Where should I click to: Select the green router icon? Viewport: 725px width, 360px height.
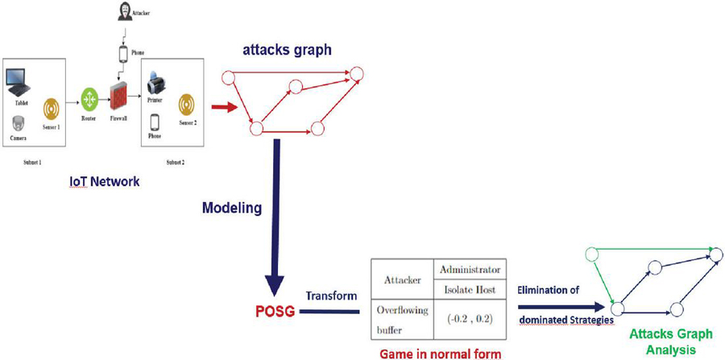(89, 97)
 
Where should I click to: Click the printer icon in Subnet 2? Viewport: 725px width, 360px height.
(156, 81)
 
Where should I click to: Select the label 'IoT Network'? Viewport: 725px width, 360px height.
(104, 182)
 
